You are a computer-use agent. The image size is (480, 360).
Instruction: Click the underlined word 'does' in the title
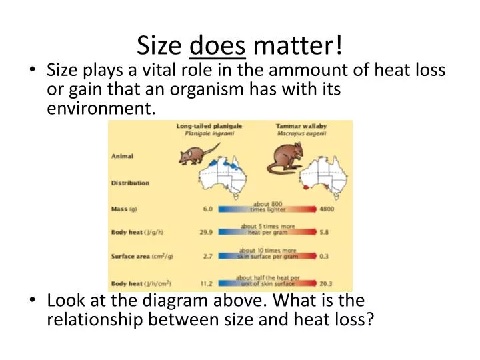(218, 45)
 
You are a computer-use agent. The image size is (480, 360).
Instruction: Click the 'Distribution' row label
(130, 183)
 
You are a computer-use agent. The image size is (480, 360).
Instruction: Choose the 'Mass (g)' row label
(124, 209)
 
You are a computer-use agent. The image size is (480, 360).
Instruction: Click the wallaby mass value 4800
(327, 209)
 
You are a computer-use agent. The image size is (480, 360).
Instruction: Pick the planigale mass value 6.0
(207, 209)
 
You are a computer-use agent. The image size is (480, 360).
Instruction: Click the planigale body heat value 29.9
(207, 232)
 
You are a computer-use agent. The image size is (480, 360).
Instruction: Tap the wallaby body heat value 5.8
(325, 232)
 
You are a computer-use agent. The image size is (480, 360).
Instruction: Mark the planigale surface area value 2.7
(207, 255)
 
